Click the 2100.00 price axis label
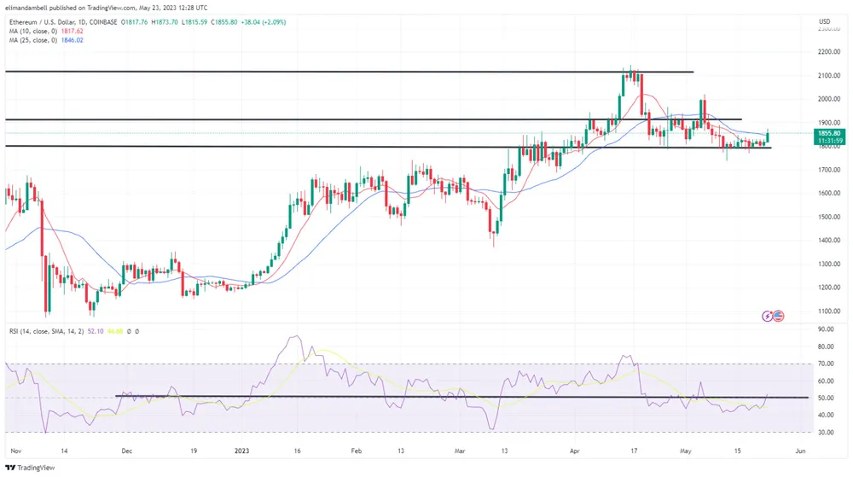[x=825, y=76]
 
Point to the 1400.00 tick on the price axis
[x=825, y=241]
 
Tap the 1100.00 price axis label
[x=825, y=311]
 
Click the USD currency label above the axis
[x=824, y=21]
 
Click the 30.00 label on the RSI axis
[x=824, y=433]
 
